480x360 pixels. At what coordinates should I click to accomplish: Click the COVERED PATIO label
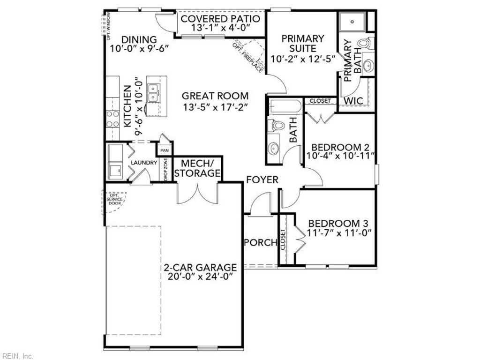(x=220, y=19)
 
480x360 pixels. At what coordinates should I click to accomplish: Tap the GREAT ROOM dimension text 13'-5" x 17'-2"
(x=215, y=107)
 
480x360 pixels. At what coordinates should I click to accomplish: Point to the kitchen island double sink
(x=153, y=92)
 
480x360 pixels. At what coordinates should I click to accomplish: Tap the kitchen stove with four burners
(x=112, y=118)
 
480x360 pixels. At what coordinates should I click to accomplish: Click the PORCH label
(x=261, y=242)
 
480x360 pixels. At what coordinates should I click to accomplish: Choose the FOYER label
(x=262, y=180)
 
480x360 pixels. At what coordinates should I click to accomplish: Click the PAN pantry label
(x=164, y=150)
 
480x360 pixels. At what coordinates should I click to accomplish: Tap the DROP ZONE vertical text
(x=165, y=169)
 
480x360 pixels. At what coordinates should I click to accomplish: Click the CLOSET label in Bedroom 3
(x=283, y=239)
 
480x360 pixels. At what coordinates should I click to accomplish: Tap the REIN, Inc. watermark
(x=17, y=356)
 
